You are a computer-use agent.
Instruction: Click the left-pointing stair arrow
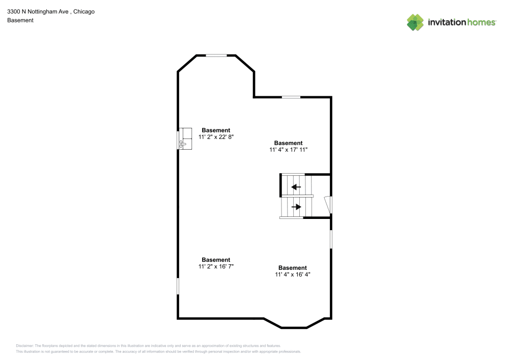point(296,187)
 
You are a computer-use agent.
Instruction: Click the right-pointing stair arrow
point(296,207)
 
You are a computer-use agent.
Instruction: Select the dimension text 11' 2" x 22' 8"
point(216,137)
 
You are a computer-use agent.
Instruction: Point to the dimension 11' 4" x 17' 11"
point(289,150)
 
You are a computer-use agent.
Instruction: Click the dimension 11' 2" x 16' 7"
point(216,266)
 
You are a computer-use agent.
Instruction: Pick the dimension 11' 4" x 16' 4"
point(293,274)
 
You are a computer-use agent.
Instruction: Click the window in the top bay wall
point(216,56)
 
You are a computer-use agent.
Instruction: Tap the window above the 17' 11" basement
point(291,97)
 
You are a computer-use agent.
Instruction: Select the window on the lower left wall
point(178,286)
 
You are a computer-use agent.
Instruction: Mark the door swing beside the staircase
point(329,205)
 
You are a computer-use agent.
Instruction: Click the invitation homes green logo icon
point(415,22)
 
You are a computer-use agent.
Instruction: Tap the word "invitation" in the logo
point(446,22)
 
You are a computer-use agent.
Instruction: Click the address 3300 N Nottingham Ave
point(38,11)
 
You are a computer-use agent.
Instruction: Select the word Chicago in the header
point(84,11)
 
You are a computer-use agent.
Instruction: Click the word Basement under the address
point(20,20)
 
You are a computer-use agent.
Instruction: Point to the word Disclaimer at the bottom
point(25,345)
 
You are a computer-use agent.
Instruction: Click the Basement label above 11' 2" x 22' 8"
point(216,130)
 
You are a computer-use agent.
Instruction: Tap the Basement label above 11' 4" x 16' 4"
point(293,268)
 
